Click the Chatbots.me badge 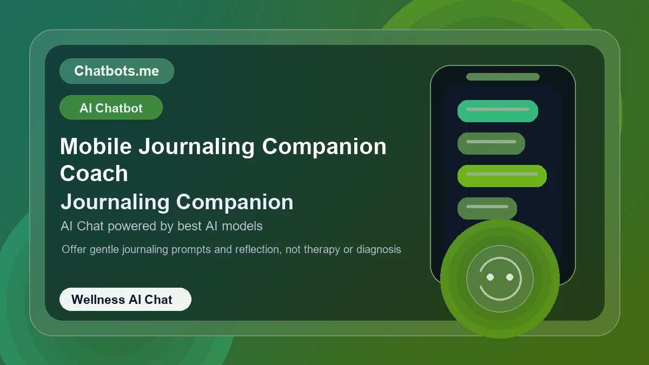[116, 71]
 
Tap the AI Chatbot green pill [111, 108]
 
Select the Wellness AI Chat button [125, 299]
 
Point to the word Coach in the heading [94, 174]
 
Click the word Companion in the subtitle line [235, 202]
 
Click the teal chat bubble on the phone [498, 111]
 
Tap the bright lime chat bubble [502, 176]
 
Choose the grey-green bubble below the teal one [491, 143]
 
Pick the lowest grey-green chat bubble [487, 208]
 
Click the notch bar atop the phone [503, 77]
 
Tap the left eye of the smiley [491, 277]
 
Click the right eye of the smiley [509, 277]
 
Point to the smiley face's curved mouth [500, 295]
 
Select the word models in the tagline [241, 226]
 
